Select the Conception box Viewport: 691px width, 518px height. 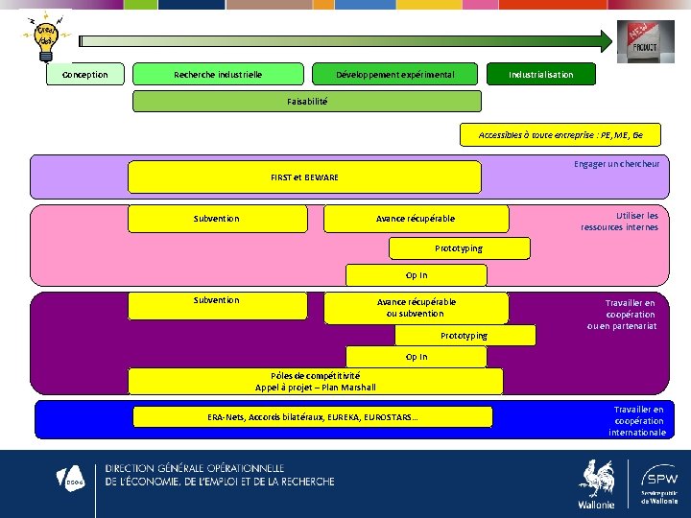(x=84, y=74)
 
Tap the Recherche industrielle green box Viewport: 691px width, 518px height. (x=218, y=74)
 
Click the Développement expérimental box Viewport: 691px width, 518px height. (x=394, y=74)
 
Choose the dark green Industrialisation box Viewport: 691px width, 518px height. (x=540, y=74)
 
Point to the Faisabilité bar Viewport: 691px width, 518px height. (x=307, y=101)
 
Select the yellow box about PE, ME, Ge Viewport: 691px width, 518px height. (x=561, y=135)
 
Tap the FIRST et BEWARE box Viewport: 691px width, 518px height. (x=304, y=177)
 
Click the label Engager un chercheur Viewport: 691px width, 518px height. (x=616, y=164)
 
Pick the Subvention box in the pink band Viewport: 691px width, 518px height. (x=217, y=219)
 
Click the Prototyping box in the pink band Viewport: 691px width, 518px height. (x=459, y=247)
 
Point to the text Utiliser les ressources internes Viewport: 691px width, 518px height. (x=620, y=222)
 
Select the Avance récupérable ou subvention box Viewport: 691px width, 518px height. (x=416, y=308)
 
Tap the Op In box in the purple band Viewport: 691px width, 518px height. (x=417, y=357)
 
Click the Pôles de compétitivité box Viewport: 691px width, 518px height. (x=315, y=382)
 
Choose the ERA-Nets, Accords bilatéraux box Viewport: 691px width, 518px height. (x=312, y=416)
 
